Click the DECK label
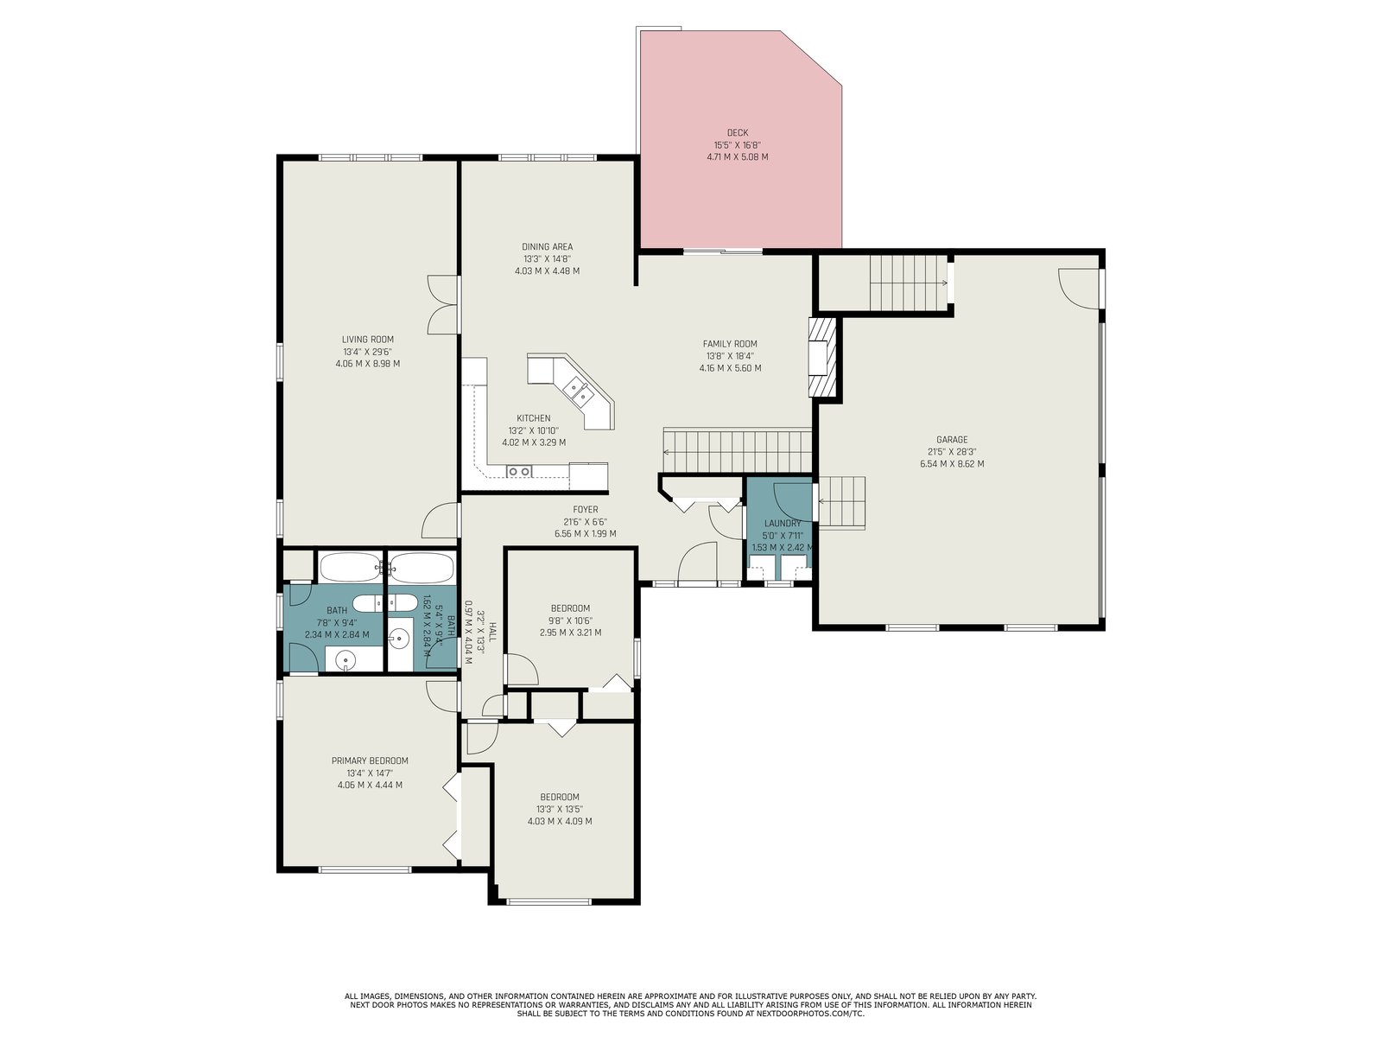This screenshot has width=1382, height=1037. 738,133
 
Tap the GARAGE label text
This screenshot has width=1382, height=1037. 951,440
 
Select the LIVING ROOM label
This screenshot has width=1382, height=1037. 368,340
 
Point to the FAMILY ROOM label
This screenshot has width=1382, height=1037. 730,344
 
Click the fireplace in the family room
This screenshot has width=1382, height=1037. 823,357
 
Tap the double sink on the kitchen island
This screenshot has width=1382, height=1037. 577,391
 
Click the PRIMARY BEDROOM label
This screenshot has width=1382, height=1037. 370,760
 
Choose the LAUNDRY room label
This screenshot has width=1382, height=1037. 782,523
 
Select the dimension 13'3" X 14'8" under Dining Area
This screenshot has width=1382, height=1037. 547,258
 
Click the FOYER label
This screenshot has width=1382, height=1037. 585,509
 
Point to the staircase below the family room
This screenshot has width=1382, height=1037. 737,451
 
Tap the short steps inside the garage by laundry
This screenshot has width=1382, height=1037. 842,502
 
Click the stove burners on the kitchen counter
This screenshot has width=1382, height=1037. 519,471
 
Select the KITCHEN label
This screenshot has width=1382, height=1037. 533,418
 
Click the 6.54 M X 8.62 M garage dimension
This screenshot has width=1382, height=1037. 951,464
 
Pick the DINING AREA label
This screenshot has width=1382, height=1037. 547,247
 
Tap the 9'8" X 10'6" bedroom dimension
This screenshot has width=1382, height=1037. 570,620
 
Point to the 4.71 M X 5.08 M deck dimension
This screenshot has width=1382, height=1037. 738,156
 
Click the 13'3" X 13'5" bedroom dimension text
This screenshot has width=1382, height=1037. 559,809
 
